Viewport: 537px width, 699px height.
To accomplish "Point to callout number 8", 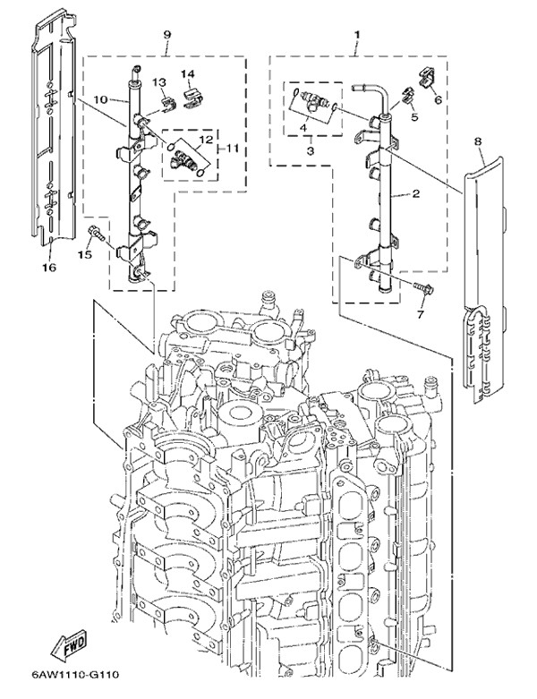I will tap(478, 141).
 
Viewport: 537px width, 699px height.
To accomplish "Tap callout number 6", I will tap(438, 101).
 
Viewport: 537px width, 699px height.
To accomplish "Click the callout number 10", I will tap(99, 98).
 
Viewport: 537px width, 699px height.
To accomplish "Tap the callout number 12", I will tap(204, 141).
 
